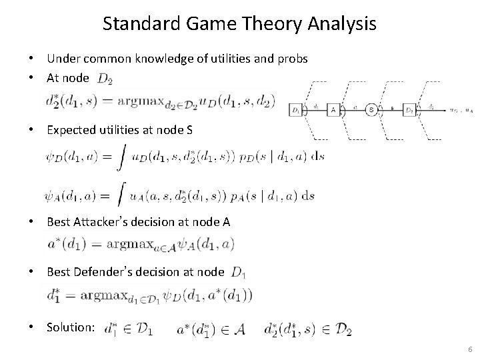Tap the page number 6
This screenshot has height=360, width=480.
[470, 349]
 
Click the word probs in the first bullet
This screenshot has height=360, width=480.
[291, 59]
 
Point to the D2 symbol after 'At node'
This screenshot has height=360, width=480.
[105, 79]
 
